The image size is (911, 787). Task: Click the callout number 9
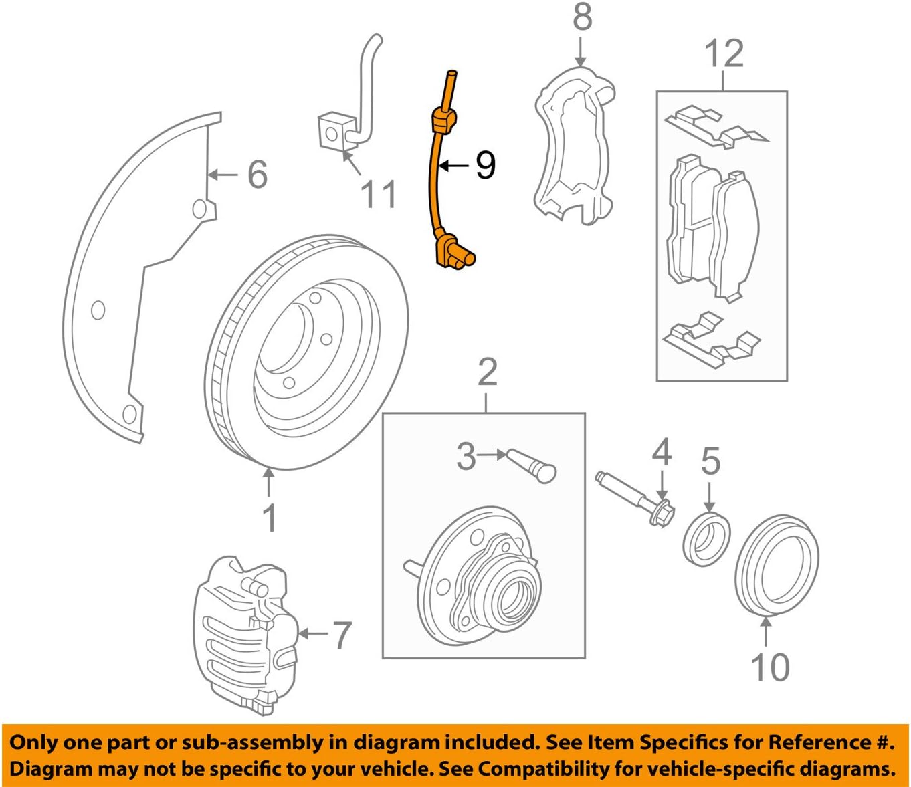[486, 164]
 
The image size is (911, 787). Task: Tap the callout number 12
[724, 53]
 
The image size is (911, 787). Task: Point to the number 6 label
[258, 175]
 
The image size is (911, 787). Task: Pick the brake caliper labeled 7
[244, 632]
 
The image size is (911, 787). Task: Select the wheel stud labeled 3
[532, 465]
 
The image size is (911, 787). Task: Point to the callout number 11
[379, 194]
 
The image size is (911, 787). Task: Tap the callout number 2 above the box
[488, 373]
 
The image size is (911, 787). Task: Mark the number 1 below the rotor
[269, 518]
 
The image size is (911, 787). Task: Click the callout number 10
[769, 667]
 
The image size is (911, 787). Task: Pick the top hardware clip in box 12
[716, 127]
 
